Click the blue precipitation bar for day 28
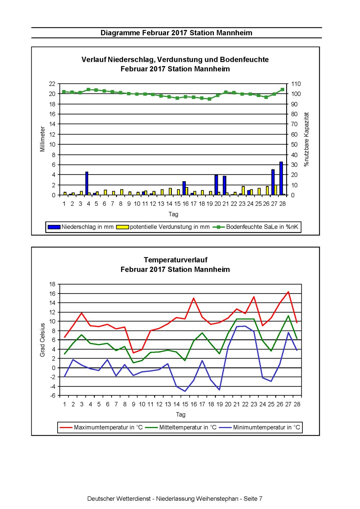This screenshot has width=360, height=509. click(281, 178)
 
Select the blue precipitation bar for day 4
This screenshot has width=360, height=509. click(87, 183)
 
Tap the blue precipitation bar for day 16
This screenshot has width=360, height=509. click(184, 188)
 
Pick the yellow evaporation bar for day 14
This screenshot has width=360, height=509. click(170, 192)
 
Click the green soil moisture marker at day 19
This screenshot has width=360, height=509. click(210, 99)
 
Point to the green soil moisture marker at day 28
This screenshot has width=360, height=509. click(283, 90)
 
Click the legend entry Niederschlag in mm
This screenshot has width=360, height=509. click(81, 227)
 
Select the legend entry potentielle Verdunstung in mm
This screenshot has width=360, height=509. click(163, 227)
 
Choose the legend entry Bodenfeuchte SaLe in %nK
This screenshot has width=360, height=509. click(255, 227)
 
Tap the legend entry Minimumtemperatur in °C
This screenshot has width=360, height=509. click(260, 427)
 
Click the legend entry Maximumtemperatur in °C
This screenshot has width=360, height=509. click(101, 427)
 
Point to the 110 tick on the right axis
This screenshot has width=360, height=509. click(296, 84)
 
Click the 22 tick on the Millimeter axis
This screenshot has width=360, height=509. click(52, 84)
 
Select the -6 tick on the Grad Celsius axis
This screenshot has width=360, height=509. click(52, 396)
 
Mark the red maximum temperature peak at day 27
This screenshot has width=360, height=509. click(288, 292)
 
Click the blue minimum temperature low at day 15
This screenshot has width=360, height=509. click(185, 391)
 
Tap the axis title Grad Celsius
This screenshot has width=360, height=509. click(42, 340)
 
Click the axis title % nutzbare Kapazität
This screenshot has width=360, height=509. click(306, 139)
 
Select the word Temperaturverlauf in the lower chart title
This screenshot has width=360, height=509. click(176, 260)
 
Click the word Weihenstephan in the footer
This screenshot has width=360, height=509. click(217, 499)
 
